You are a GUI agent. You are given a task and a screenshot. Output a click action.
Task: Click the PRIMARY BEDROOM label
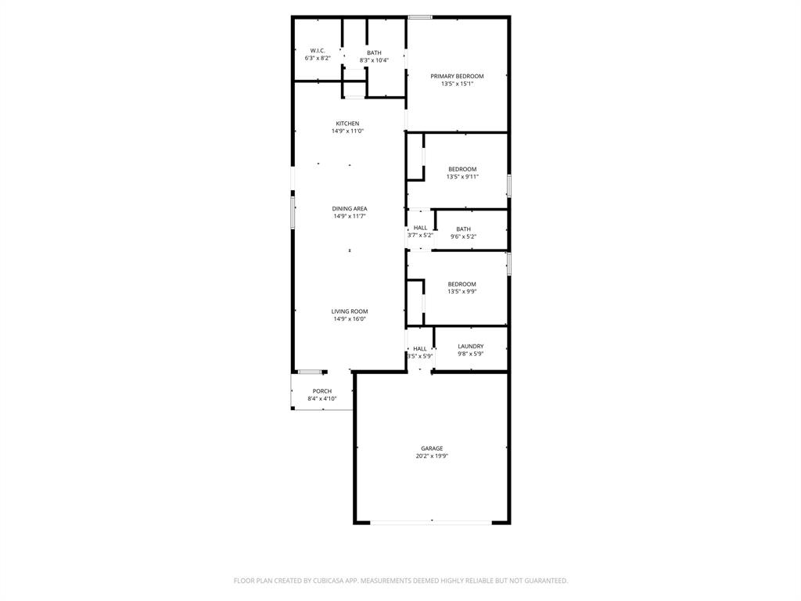pyautogui.click(x=457, y=76)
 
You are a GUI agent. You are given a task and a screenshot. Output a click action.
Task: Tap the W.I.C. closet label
pyautogui.click(x=318, y=50)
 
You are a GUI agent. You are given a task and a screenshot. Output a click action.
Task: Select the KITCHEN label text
pyautogui.click(x=347, y=124)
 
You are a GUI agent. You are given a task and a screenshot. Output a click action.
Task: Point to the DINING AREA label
pyautogui.click(x=349, y=209)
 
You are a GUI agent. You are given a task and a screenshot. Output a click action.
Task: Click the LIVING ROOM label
pyautogui.click(x=349, y=311)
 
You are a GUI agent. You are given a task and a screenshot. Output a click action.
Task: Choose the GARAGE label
pyautogui.click(x=432, y=448)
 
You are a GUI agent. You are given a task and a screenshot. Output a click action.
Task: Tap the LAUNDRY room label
pyautogui.click(x=470, y=346)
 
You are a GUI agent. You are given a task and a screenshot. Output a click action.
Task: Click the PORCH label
pyautogui.click(x=321, y=391)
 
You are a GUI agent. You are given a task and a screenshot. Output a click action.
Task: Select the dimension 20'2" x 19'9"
pyautogui.click(x=432, y=456)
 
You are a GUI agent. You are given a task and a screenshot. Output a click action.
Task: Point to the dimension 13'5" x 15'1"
pyautogui.click(x=457, y=84)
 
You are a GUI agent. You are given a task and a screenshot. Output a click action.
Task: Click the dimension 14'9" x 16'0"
pyautogui.click(x=349, y=319)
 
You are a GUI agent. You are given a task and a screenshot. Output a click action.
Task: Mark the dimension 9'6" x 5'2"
pyautogui.click(x=463, y=236)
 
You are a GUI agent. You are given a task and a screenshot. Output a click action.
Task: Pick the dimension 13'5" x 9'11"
pyautogui.click(x=462, y=177)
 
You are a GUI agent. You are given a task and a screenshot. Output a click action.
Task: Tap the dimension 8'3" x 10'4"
pyautogui.click(x=374, y=60)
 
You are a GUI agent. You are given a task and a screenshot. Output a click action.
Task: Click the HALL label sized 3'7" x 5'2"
pyautogui.click(x=420, y=228)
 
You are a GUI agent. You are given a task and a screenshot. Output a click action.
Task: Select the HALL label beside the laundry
pyautogui.click(x=420, y=348)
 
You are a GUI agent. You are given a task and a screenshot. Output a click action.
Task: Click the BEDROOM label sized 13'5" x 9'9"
pyautogui.click(x=462, y=284)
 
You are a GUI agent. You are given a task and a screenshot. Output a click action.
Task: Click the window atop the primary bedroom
pyautogui.click(x=420, y=17)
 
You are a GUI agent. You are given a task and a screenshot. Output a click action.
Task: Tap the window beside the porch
pyautogui.click(x=310, y=371)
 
